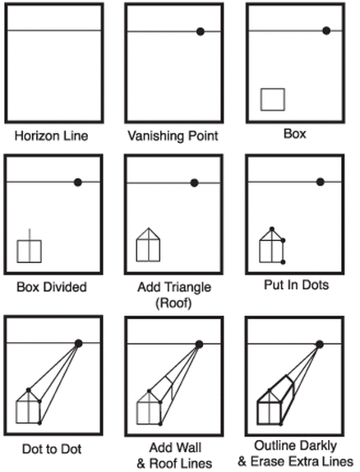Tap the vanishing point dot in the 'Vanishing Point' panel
click(x=200, y=31)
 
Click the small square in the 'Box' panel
click(x=272, y=99)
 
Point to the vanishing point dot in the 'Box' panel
click(x=326, y=30)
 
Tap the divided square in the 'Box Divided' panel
click(x=30, y=251)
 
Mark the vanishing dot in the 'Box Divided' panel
click(x=78, y=182)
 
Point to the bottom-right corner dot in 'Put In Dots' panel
click(x=283, y=262)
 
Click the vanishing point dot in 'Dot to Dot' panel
click(x=79, y=344)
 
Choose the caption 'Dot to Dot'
click(x=53, y=449)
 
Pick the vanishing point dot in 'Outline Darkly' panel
click(x=320, y=344)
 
